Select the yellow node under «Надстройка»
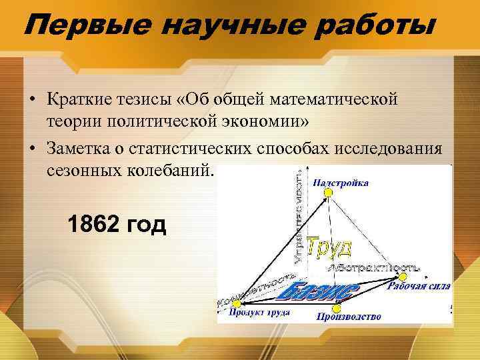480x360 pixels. (x=327, y=193)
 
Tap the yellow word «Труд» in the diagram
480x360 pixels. (x=329, y=247)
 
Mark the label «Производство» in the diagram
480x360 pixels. (x=348, y=317)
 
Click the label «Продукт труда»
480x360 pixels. (x=259, y=312)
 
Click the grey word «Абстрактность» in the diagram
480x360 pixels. (x=373, y=267)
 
